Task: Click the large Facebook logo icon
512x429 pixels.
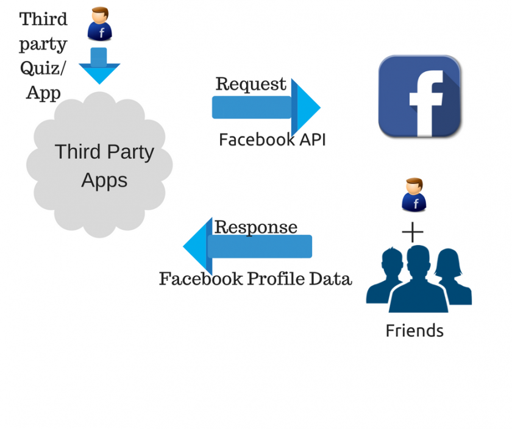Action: tap(419, 96)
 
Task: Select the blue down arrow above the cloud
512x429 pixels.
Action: tap(99, 66)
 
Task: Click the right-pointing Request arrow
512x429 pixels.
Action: tap(266, 107)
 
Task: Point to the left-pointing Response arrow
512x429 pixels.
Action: tap(247, 246)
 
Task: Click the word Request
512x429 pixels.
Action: tap(251, 84)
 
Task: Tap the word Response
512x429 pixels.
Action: tap(256, 227)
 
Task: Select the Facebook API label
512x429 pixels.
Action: tap(272, 140)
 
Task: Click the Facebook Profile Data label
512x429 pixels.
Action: tap(255, 278)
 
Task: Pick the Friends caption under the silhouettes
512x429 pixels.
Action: tap(414, 331)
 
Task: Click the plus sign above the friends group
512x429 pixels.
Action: tap(413, 233)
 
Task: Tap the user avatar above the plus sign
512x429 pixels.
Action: tap(414, 195)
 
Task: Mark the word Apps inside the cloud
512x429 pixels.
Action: tap(104, 180)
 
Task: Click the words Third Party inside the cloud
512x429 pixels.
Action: tap(104, 152)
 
